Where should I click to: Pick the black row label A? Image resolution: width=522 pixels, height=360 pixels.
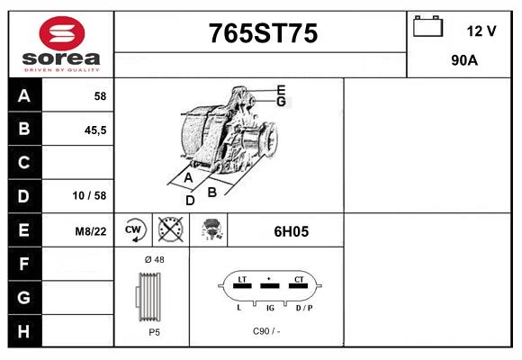pos(24,95)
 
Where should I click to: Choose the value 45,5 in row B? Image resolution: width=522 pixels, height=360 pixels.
pos(95,130)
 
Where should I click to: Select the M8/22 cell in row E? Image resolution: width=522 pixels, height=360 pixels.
pos(91,230)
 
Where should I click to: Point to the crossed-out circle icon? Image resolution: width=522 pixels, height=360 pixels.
pos(168,229)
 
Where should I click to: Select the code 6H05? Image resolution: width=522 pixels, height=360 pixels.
pos(291,230)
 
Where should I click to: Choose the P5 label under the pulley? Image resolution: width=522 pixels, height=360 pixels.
pos(154,332)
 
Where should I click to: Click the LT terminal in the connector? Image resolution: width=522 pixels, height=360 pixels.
pos(241,282)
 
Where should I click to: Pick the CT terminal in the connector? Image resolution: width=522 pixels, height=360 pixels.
pos(298,282)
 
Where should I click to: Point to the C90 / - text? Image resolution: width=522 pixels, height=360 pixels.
pos(266,331)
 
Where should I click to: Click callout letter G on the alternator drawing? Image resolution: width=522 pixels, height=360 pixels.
pos(281,102)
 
